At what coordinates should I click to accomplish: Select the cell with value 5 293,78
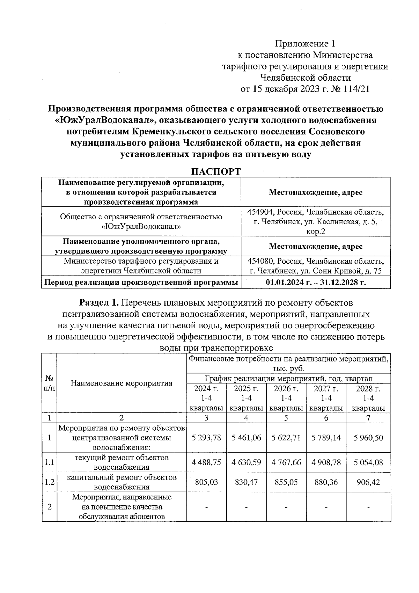206,438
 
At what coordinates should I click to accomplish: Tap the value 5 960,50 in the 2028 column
368,438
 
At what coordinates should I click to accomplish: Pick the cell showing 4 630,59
246,462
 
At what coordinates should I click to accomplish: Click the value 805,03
206,482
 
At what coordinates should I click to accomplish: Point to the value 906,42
368,482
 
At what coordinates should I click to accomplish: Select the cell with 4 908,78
326,462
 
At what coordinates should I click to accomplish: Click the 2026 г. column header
286,389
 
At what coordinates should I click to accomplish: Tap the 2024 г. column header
206,389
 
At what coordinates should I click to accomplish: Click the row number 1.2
49,482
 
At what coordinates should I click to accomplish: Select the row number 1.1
49,462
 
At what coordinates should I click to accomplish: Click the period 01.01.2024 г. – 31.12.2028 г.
315,283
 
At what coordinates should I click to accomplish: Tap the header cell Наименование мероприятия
122,383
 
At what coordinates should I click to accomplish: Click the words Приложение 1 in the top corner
305,44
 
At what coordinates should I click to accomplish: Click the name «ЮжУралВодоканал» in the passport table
141,226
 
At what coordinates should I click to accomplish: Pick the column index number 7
368,418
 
